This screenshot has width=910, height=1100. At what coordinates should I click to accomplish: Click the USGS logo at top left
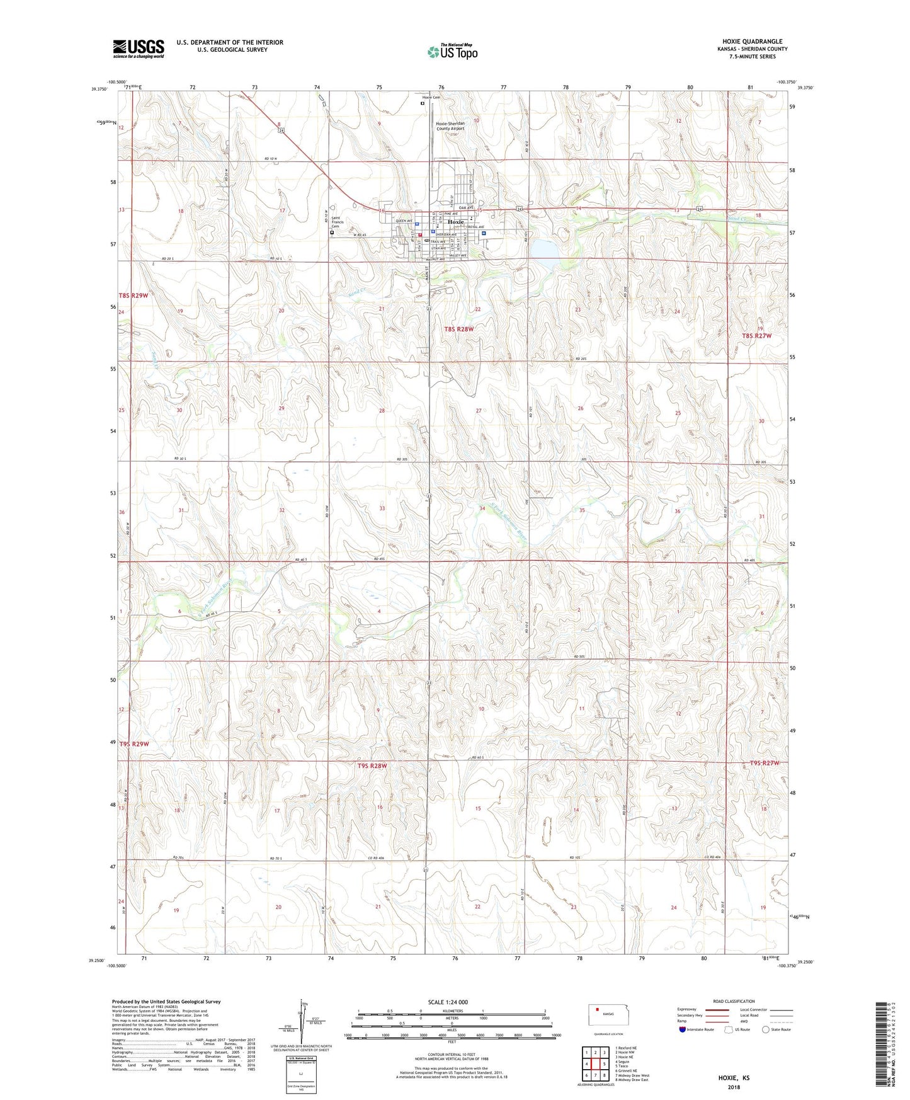click(x=139, y=49)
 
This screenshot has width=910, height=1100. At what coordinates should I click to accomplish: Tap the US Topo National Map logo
click(x=452, y=51)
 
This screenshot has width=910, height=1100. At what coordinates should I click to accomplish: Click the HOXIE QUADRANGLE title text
click(x=748, y=42)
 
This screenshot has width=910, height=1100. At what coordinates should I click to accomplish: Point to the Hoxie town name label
click(x=455, y=222)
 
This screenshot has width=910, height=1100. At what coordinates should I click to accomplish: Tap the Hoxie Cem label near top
click(x=431, y=98)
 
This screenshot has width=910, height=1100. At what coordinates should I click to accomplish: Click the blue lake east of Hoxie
click(x=543, y=250)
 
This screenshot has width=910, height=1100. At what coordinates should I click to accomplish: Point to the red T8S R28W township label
click(x=459, y=329)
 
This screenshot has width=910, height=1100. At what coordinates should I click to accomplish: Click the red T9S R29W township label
click(x=134, y=743)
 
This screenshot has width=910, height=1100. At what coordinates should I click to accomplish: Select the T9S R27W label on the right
click(x=764, y=763)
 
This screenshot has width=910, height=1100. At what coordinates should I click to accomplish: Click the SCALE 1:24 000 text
click(x=448, y=1002)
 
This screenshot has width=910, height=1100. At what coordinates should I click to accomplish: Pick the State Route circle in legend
click(x=766, y=1030)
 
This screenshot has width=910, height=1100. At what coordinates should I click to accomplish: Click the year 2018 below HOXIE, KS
click(x=734, y=1087)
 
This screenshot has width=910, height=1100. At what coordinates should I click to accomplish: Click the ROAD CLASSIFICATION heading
click(x=734, y=1001)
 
